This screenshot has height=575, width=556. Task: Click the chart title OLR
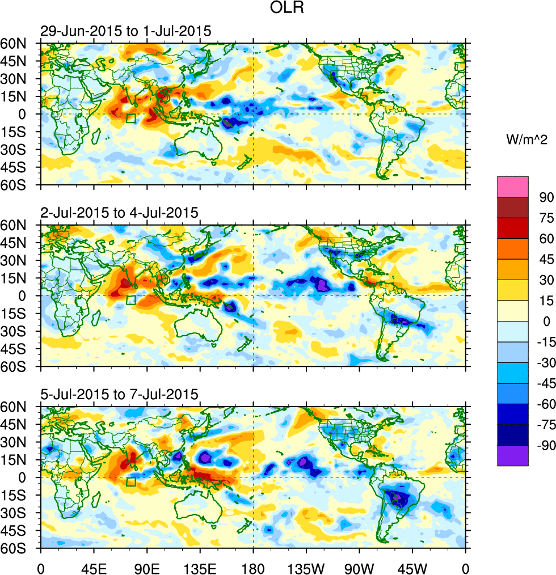277,10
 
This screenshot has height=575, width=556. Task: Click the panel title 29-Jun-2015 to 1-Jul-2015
125,31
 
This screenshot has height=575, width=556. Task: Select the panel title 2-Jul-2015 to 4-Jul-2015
119,213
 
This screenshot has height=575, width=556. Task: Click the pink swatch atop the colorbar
513,187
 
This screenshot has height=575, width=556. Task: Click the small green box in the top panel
131,119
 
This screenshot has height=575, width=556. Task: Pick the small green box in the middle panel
131,300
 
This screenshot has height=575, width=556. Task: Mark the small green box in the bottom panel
131,482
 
